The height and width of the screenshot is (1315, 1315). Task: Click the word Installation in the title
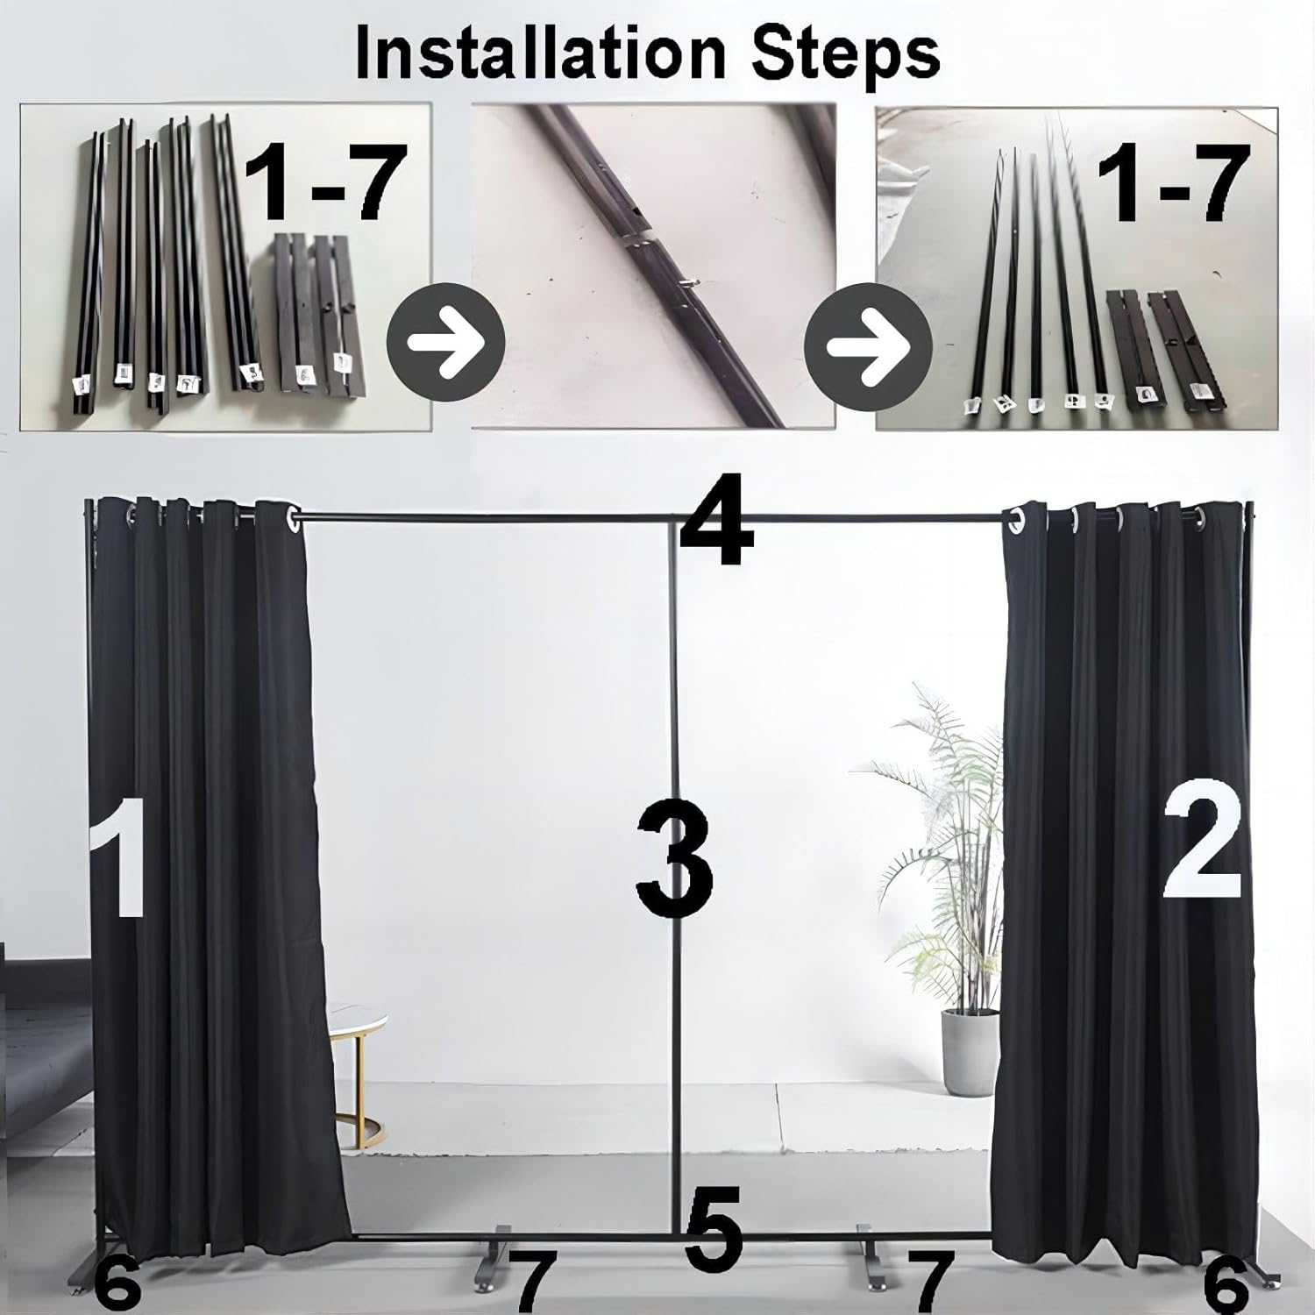click(x=539, y=53)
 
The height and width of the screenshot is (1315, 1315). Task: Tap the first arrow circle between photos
click(x=445, y=343)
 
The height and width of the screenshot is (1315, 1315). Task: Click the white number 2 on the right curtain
click(x=1201, y=844)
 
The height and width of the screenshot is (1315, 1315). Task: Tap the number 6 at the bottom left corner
click(x=116, y=1286)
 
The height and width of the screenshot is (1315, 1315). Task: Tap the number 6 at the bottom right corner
click(x=1226, y=1286)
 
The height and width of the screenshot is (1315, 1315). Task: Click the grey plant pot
click(x=970, y=1050)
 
